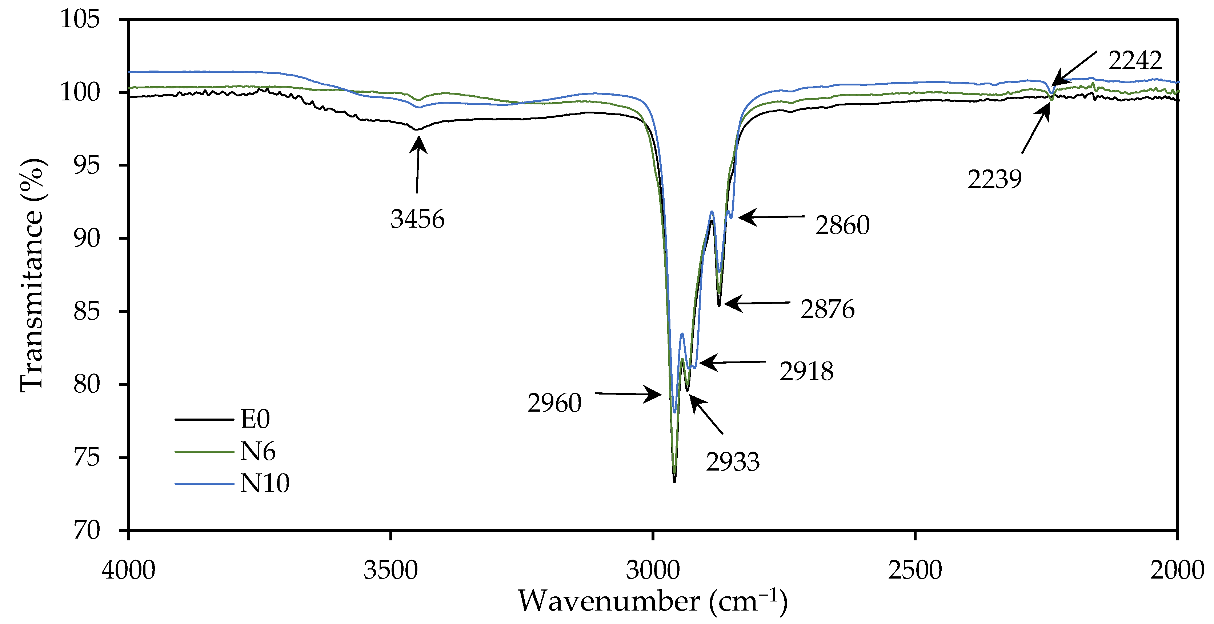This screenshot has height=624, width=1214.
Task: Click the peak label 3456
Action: pos(417,219)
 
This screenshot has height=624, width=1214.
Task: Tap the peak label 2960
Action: pos(554,403)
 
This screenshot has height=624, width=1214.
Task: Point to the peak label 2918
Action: pos(806,371)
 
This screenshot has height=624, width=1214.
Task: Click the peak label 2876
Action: pos(828,310)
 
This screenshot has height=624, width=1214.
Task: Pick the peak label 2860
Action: pos(842,225)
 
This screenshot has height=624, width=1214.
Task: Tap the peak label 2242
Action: pos(1135,61)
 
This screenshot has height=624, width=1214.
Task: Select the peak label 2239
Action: pos(994,180)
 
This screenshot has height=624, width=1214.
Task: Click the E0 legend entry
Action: pos(255,419)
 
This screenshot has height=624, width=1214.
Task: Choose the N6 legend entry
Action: pos(257,452)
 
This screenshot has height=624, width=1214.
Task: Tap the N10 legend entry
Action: pos(264,484)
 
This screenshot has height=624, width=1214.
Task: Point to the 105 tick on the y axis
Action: pos(80,19)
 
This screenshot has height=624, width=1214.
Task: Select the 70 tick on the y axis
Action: pos(87,530)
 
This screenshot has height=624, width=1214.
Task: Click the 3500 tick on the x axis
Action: pos(391,570)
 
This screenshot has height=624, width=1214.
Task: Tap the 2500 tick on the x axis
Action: pos(915,570)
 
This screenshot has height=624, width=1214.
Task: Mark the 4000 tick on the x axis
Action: pos(129,570)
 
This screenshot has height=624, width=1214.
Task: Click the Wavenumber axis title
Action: pos(653,601)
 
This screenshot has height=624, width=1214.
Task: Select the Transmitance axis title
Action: pos(32,275)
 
